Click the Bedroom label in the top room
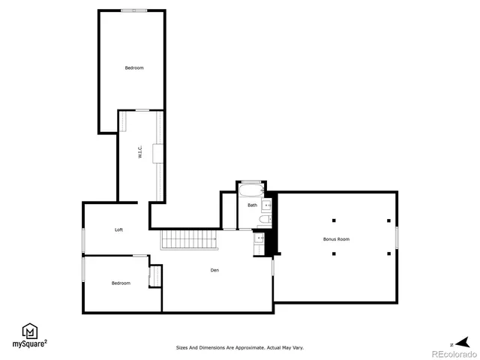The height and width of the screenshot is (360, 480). point(134,68)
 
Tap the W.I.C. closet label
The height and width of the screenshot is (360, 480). point(139,157)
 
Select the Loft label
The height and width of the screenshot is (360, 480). point(119,229)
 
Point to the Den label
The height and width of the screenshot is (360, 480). point(214,270)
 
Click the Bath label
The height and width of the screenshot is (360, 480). point(252,205)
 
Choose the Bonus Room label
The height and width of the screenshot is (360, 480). point(337,239)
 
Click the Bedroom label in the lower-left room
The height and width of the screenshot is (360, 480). point(121,283)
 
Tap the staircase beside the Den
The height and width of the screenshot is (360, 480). point(190,241)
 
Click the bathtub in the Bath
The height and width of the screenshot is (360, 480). point(250,188)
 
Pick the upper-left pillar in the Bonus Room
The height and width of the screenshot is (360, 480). point(334,220)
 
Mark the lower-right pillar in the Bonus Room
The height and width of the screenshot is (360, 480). point(388,253)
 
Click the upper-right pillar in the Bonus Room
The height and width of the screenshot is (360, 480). point(388,220)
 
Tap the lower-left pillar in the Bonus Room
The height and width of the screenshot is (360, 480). point(334,253)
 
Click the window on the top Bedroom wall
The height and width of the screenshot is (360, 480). point(134,10)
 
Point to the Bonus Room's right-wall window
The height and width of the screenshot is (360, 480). point(397,237)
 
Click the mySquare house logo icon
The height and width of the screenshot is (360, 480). point(29,331)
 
